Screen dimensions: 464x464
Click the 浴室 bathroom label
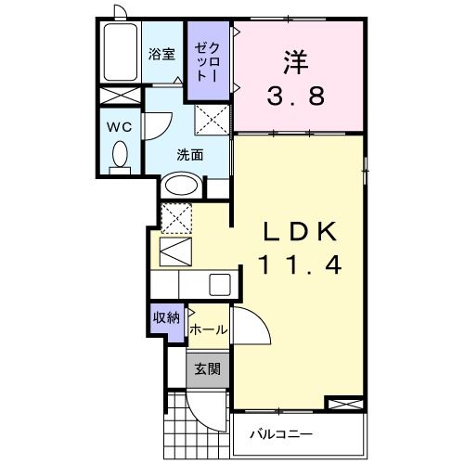point(161,53)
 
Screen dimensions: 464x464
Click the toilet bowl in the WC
point(119,154)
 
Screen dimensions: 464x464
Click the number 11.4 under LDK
point(296,264)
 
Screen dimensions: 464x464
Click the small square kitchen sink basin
point(220,284)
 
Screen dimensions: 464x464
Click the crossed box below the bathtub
point(120,97)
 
